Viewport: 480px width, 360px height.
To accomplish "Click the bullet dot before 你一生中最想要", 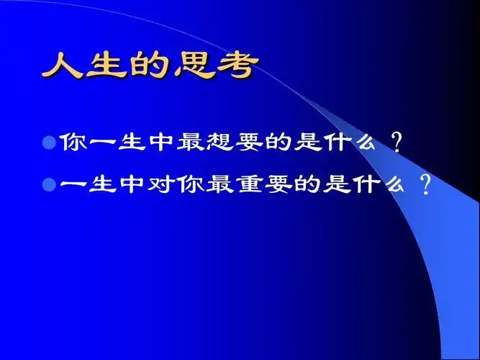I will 49,140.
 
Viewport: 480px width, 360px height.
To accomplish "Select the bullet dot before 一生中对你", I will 49,184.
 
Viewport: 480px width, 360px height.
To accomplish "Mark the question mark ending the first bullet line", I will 395,140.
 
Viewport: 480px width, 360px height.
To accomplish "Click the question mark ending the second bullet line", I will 425,185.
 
